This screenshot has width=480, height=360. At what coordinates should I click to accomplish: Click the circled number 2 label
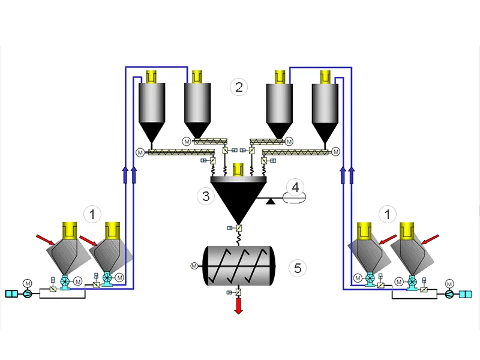[x=239, y=88]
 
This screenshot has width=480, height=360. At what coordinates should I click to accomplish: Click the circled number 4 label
[x=295, y=187]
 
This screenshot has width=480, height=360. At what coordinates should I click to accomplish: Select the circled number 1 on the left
[x=92, y=213]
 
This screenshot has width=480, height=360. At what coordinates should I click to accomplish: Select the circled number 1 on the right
[x=391, y=213]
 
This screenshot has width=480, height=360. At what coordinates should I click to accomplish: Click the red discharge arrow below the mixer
[x=239, y=305]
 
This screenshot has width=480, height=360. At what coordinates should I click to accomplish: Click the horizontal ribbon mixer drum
[x=239, y=265]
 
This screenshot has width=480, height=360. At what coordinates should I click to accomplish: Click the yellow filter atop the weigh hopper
[x=238, y=170]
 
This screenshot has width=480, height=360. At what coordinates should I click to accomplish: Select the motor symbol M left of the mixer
[x=194, y=265]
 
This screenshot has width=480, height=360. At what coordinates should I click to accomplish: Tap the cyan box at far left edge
[x=12, y=293]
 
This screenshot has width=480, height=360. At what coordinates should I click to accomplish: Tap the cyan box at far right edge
[x=466, y=293]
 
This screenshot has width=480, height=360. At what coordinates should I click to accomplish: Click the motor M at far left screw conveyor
[x=140, y=152]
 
